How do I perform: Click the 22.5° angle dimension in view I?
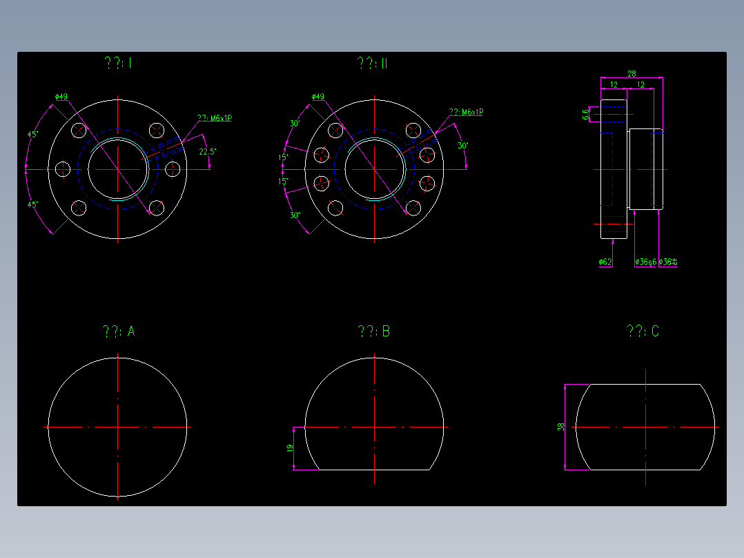click(x=205, y=151)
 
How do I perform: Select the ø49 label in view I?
click(x=61, y=97)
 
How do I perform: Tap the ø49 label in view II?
click(x=318, y=97)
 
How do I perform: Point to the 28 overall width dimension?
click(x=632, y=73)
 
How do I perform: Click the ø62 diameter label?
click(x=605, y=262)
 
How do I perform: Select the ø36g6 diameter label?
click(x=645, y=262)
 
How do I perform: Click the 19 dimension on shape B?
click(x=291, y=448)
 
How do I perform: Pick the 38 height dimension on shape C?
click(x=560, y=427)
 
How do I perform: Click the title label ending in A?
click(x=118, y=332)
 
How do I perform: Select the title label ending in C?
click(x=642, y=332)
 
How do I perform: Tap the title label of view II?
click(x=372, y=64)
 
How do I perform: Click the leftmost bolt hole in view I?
click(x=63, y=169)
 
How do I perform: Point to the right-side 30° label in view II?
click(x=462, y=146)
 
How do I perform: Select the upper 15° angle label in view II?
click(x=284, y=157)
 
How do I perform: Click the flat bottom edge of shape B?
click(x=375, y=470)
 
